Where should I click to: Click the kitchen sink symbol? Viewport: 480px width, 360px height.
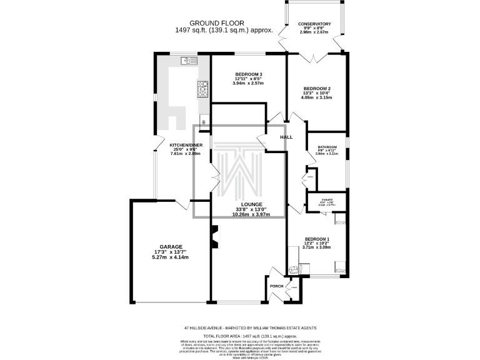[x=189, y=61]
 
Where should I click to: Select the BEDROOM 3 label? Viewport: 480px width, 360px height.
[x=248, y=72]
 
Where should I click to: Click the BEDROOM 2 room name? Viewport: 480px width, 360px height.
[x=316, y=89]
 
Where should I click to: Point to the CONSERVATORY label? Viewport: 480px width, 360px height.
[x=314, y=24]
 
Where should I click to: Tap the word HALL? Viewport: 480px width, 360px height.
[x=286, y=137]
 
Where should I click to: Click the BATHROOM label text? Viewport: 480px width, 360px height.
[x=327, y=147]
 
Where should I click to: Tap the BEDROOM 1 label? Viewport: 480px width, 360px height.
[x=317, y=239]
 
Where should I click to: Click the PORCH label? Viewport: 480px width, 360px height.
[x=276, y=286]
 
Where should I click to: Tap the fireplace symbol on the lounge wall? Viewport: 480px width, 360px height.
[x=214, y=236]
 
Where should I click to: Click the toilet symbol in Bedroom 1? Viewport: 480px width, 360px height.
[x=294, y=269]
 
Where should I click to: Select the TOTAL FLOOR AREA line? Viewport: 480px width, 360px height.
[x=239, y=336]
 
